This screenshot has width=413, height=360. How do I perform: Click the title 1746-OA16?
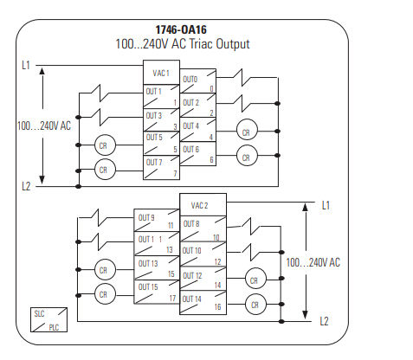click(181, 29)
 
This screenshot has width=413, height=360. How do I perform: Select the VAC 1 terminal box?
click(161, 73)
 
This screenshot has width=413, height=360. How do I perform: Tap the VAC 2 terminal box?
click(203, 205)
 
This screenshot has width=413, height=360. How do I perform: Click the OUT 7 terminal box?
click(161, 168)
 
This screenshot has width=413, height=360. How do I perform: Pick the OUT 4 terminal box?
click(198, 129)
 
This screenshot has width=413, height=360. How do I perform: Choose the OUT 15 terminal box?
click(157, 292)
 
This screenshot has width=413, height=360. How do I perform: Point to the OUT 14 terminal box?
click(203, 302)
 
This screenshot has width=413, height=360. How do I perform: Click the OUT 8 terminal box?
click(203, 228)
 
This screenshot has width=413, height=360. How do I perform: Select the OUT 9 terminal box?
click(157, 220)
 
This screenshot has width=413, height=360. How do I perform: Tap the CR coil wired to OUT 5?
click(105, 145)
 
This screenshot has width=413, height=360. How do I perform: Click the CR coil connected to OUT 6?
click(247, 156)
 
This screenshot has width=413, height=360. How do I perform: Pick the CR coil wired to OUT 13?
click(105, 270)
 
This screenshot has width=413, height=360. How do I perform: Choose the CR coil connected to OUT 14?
click(255, 304)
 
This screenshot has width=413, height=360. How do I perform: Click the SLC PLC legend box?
click(48, 319)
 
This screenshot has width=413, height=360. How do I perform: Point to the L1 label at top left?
click(26, 65)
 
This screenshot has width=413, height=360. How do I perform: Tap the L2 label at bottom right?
click(324, 321)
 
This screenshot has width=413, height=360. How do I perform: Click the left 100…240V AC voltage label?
click(44, 125)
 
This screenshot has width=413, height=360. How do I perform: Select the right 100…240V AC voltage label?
click(313, 262)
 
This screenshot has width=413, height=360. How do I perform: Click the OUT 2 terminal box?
click(198, 105)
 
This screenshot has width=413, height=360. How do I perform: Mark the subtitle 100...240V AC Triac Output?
click(183, 44)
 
